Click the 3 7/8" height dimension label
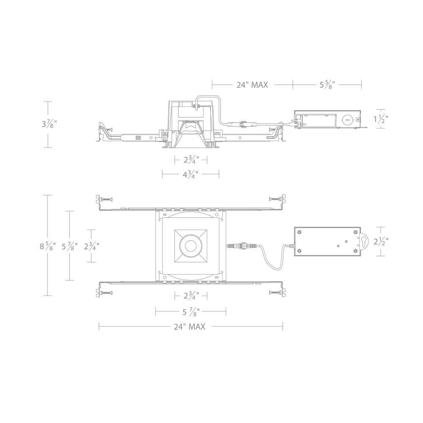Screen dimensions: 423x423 tap(49, 124)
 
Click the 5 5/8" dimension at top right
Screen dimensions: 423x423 tap(327, 85)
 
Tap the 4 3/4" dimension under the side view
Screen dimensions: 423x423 tap(190, 174)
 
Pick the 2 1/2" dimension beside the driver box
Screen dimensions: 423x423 tap(381, 242)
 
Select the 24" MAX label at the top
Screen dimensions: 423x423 tap(253, 85)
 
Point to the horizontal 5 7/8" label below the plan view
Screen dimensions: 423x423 tap(191, 312)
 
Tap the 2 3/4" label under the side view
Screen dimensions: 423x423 tap(191, 160)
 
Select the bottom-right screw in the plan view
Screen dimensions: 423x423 tap(276, 293)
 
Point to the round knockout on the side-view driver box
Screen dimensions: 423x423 tap(346, 120)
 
